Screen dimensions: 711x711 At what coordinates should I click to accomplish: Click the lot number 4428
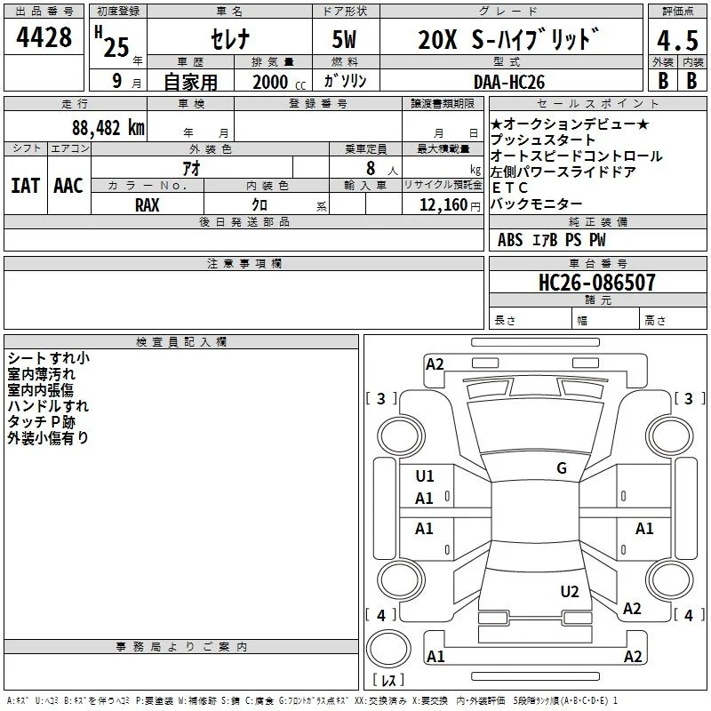[x=44, y=37]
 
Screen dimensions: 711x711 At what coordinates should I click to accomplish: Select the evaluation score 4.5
[x=677, y=40]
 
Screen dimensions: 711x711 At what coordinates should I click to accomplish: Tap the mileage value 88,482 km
[x=108, y=127]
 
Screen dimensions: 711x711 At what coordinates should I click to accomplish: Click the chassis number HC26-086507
[x=596, y=283]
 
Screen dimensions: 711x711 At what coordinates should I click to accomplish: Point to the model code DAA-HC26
[x=508, y=82]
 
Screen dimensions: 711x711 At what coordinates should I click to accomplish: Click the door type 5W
[x=344, y=39]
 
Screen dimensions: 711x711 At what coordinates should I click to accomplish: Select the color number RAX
[x=147, y=205]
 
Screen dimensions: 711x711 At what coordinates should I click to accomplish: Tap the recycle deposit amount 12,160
[x=443, y=205]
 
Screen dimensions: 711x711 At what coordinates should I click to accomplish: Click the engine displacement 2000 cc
[x=279, y=83]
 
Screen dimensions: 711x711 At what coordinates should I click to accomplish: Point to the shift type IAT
[x=25, y=186]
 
